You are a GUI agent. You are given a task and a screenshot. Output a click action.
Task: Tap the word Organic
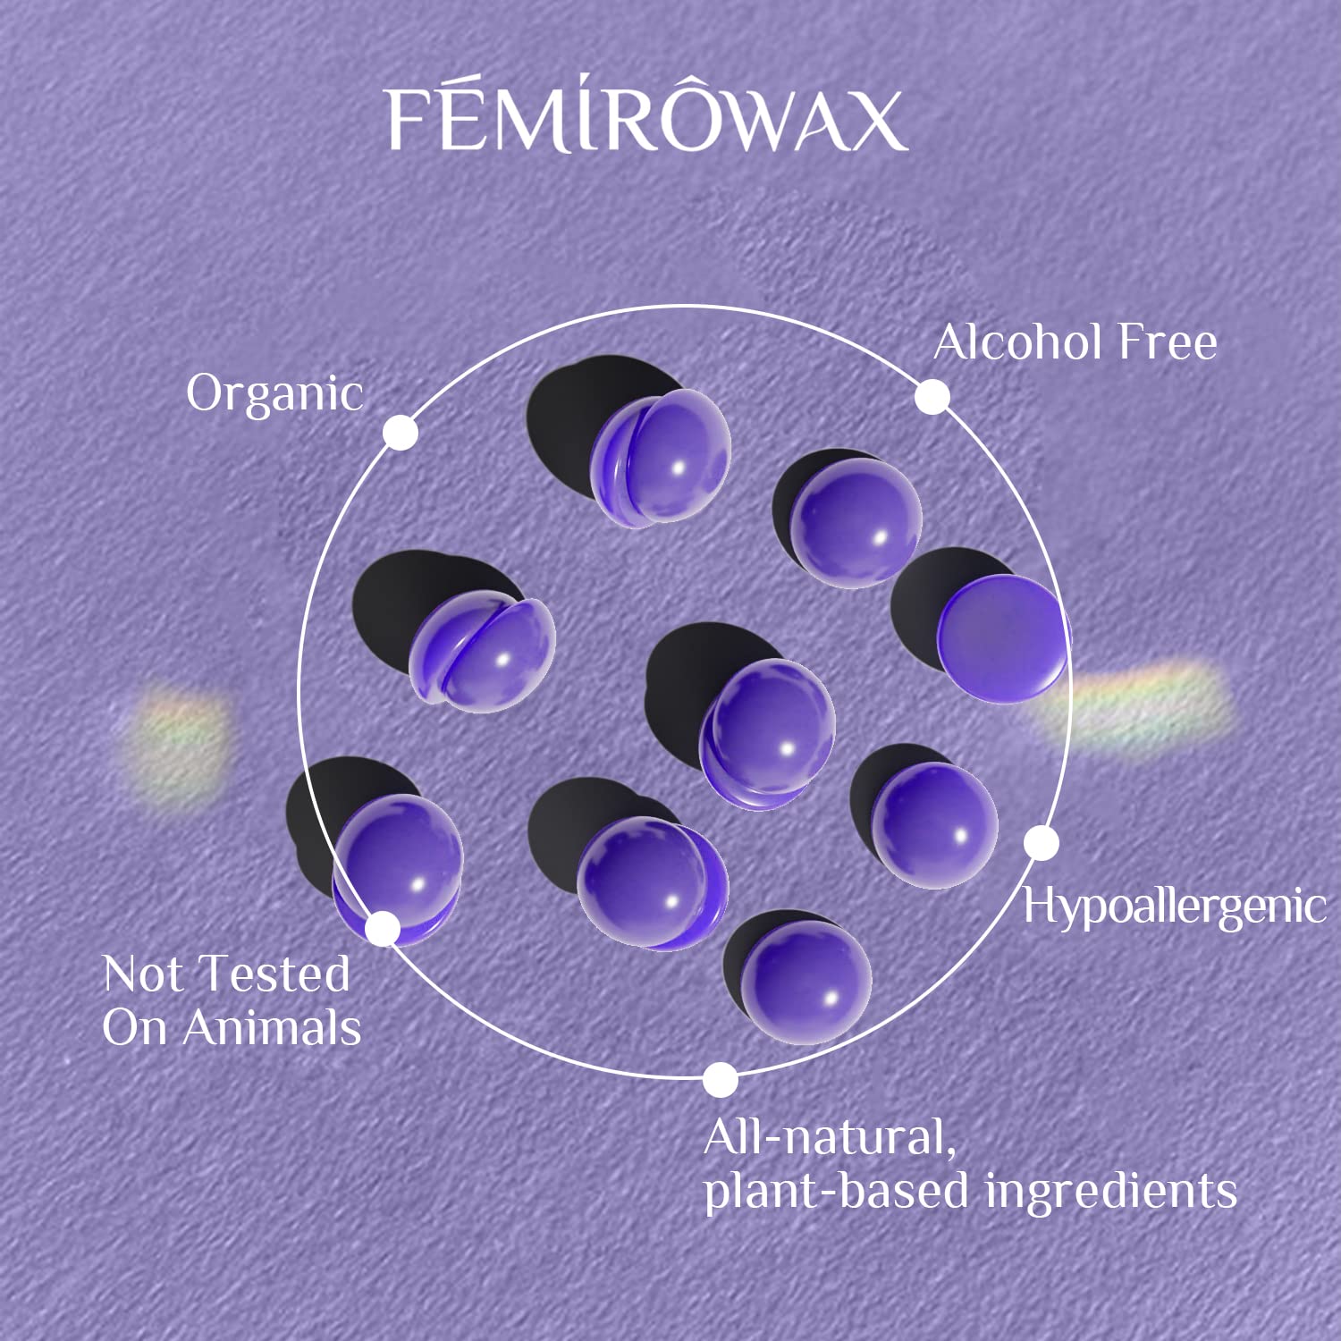[x=274, y=393]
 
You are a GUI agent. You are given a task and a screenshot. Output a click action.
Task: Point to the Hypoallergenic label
[x=1174, y=907]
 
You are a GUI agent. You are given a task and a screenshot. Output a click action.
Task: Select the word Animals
[x=273, y=1027]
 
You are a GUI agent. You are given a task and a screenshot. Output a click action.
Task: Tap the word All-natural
[x=830, y=1138]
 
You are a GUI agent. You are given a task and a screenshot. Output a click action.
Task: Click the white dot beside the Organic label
[x=401, y=433]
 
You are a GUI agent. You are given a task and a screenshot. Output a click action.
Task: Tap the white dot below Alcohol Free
[x=932, y=397]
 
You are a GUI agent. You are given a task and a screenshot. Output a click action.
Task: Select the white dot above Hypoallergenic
[x=1042, y=843]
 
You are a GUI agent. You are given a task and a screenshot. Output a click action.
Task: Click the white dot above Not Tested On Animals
[x=383, y=929]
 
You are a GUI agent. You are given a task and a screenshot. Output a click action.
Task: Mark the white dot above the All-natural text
[x=720, y=1080]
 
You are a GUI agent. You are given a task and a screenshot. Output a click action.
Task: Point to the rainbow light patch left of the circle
[x=174, y=742]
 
